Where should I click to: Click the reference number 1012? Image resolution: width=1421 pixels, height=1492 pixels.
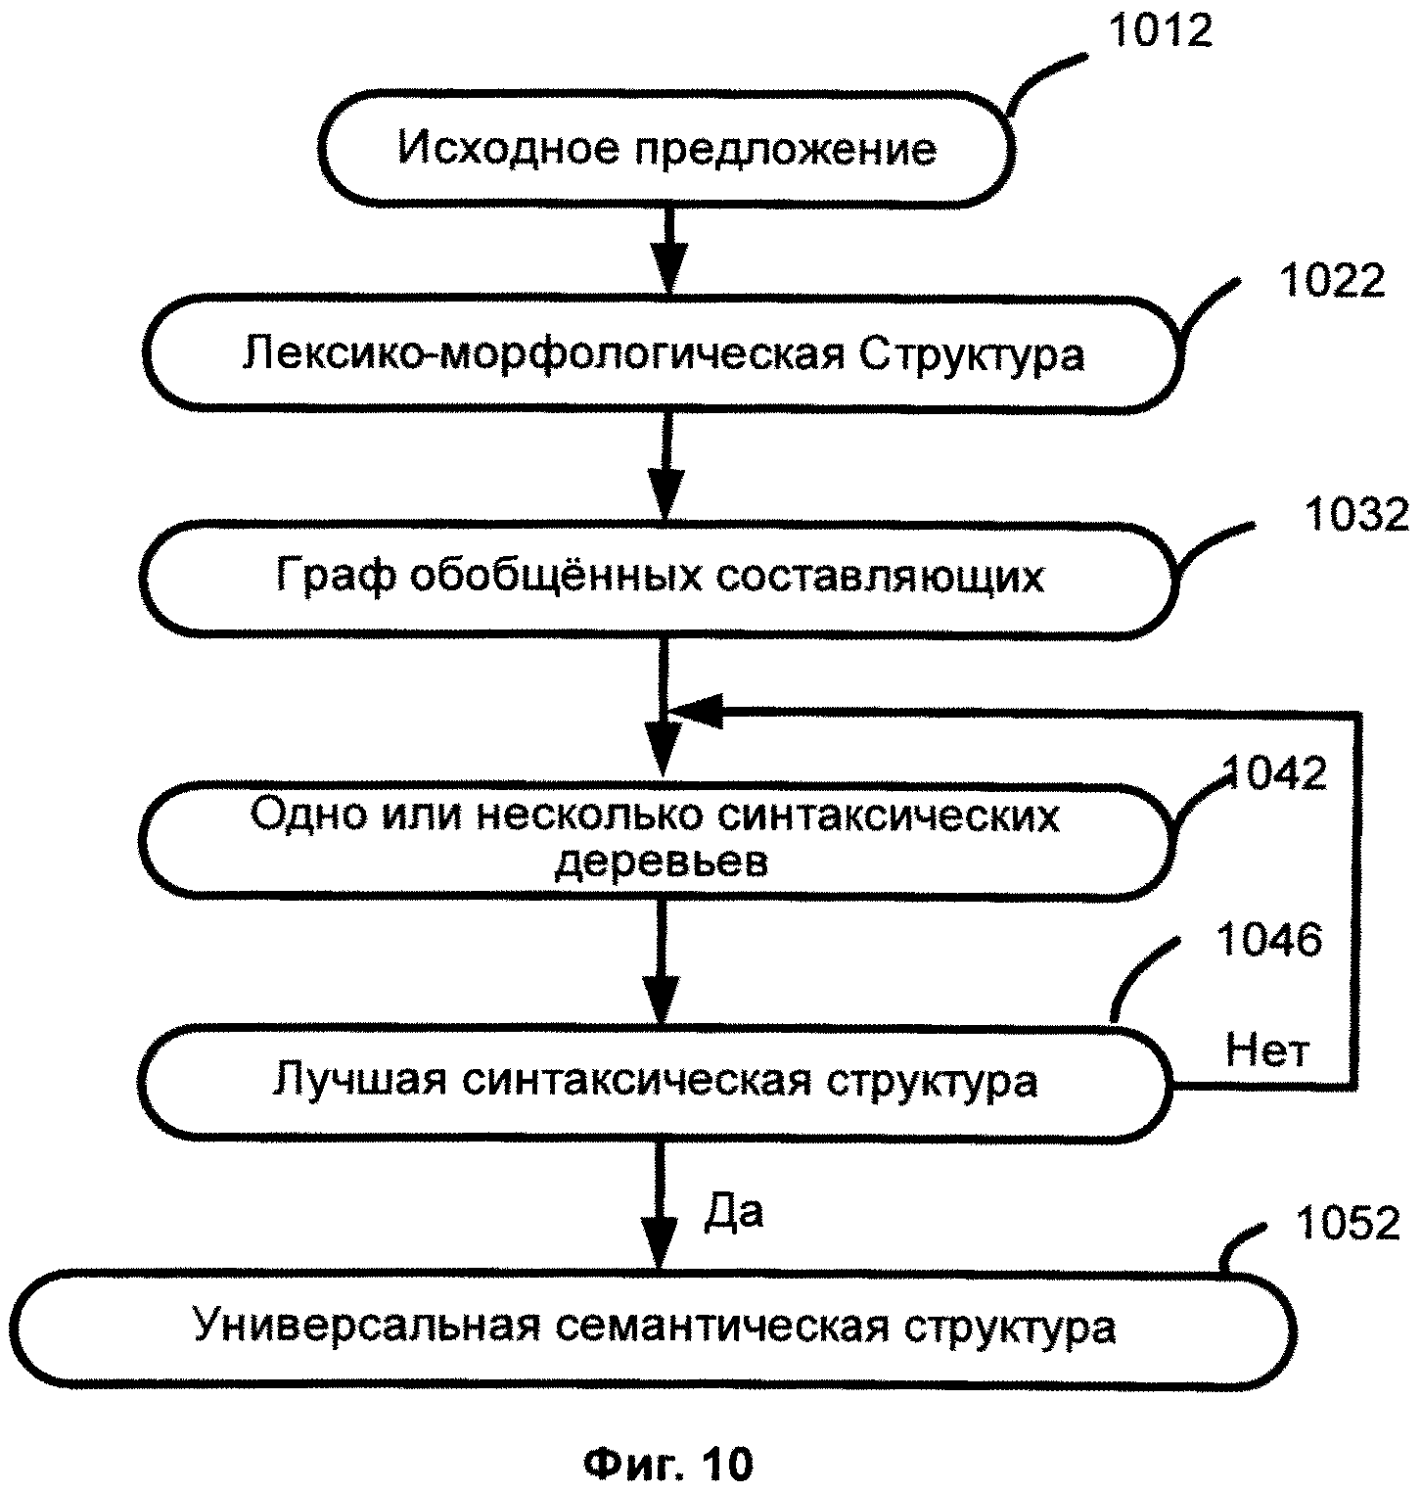[x=1160, y=31]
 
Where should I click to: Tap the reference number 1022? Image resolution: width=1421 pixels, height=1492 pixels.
[x=1333, y=281]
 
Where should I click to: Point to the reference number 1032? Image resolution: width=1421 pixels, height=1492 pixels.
[x=1355, y=514]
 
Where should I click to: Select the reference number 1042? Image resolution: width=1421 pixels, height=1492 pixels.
[x=1275, y=773]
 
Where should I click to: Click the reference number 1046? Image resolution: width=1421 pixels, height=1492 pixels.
[x=1268, y=940]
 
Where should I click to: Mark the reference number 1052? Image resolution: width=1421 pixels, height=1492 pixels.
[x=1348, y=1223]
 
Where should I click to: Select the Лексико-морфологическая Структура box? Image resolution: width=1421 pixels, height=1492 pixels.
[x=664, y=353]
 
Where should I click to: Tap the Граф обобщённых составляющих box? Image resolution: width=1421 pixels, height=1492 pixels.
[x=660, y=577]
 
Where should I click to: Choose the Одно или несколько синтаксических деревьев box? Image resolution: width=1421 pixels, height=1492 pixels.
[x=657, y=839]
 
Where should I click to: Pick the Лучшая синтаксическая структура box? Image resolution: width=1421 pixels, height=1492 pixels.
[x=655, y=1082]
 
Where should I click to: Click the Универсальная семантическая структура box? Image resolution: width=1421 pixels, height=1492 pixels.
[x=654, y=1328]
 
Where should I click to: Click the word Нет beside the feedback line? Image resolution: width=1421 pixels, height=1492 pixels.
[x=1267, y=1051]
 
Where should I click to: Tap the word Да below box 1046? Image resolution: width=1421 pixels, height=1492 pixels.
[x=733, y=1212]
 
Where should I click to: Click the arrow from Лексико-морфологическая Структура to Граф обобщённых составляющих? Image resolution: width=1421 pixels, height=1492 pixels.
[x=665, y=469]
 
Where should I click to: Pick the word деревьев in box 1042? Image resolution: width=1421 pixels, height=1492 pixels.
[x=662, y=863]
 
